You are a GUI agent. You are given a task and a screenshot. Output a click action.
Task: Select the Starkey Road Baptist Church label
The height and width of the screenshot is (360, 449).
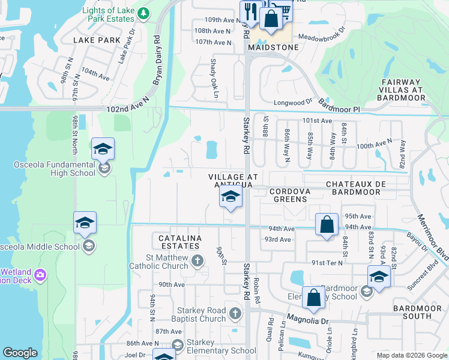coord(200,314)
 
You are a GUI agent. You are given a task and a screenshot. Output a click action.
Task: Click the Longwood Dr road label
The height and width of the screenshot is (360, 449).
coord(294,103)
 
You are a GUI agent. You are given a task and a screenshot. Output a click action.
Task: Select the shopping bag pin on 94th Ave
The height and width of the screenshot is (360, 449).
coord(327,225)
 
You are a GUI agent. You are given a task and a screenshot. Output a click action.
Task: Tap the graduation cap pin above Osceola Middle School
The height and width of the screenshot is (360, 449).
coord(85,223)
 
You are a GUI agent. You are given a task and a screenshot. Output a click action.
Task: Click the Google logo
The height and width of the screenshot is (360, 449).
coord(20,353)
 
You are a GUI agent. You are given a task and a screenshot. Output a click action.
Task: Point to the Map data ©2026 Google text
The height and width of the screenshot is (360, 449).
coord(411,355)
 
